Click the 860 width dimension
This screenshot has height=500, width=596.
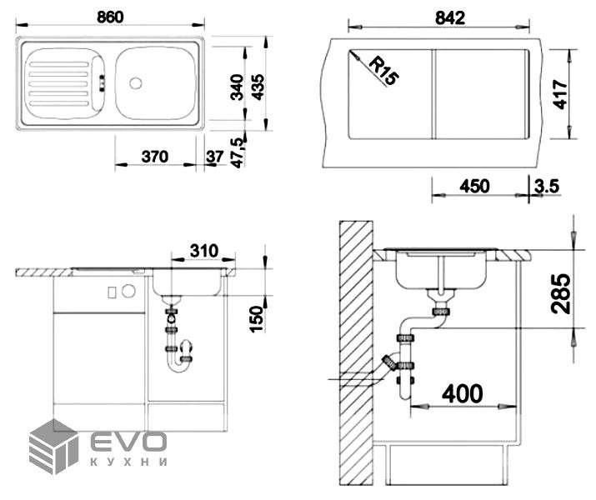pos(110,17)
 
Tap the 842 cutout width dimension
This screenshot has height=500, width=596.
pos(450,17)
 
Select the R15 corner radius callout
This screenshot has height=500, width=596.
pos(384,70)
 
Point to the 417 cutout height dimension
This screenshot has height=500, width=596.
pos(560,94)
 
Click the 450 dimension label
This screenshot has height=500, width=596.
pos(475,186)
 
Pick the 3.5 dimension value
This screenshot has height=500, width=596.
pos(547,186)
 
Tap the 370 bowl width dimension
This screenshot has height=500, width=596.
pos(155,157)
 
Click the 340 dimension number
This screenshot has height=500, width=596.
pos(238,87)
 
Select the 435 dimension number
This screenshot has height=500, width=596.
pos(258,87)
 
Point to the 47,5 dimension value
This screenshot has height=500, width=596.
pos(238,152)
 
